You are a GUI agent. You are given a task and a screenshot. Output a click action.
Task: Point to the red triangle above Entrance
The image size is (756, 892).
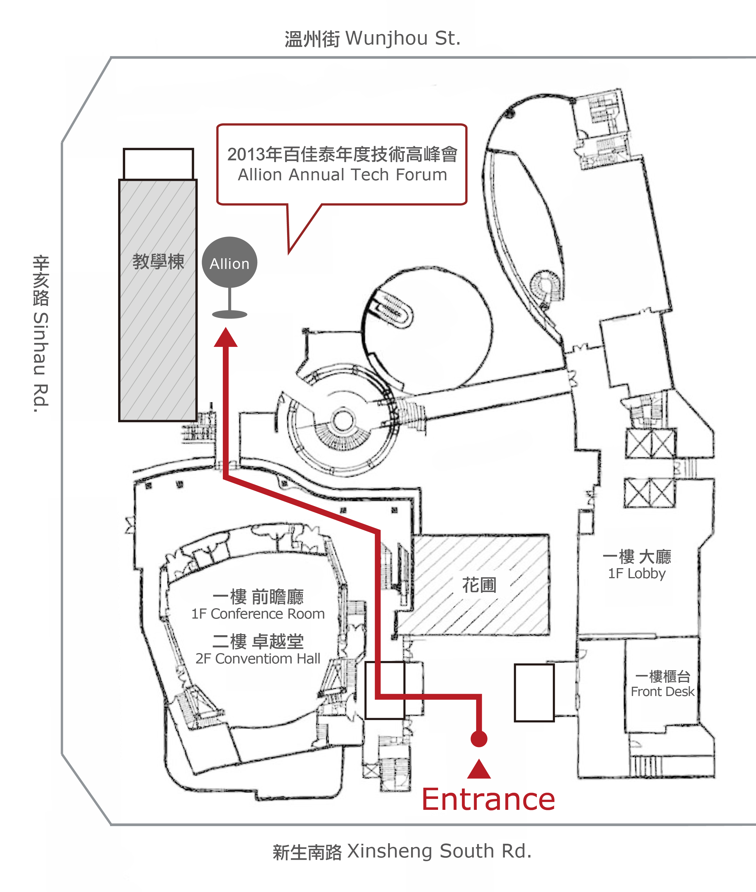point(479,769)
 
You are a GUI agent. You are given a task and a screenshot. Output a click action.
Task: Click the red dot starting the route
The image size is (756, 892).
point(479,739)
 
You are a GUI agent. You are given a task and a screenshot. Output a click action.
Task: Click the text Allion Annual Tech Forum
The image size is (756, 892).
point(342,175)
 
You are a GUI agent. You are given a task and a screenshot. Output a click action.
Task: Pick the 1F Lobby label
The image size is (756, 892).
point(637,573)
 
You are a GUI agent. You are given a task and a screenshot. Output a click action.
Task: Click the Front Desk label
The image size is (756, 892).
point(662,692)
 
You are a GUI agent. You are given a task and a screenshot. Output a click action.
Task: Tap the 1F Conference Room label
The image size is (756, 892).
point(258,614)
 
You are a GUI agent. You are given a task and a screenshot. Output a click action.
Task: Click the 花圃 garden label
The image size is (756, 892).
point(479,585)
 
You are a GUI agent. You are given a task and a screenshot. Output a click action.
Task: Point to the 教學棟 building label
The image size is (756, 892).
point(158,261)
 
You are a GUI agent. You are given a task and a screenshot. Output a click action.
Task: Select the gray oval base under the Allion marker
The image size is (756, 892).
point(230,315)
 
